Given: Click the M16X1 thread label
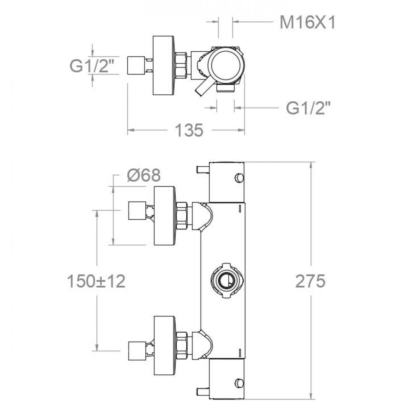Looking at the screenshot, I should (307, 23).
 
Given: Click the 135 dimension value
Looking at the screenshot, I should (190, 131).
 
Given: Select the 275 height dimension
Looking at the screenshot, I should (310, 281).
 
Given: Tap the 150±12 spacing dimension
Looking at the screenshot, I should (96, 281).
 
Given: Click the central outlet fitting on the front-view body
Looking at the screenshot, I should (225, 280).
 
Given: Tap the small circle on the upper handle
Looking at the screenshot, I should (238, 177).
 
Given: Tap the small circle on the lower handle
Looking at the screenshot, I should (238, 382).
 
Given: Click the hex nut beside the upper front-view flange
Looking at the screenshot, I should (182, 216).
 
